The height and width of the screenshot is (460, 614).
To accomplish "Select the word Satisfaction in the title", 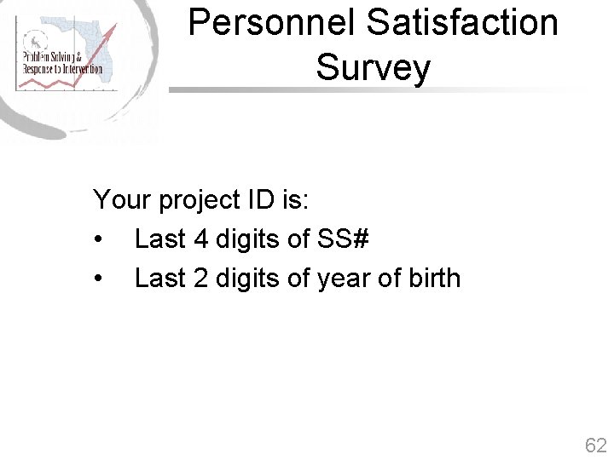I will coord(463,23).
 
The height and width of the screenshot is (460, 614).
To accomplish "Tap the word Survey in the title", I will coord(373,67).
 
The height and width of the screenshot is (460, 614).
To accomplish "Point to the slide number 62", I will coord(595,445).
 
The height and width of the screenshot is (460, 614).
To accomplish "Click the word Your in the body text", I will coord(123,200).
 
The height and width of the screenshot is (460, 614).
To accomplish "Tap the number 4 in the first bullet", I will coord(201,239).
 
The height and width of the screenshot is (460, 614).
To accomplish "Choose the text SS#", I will coord(343,239).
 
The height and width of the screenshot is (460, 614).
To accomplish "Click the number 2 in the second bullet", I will coord(201,279).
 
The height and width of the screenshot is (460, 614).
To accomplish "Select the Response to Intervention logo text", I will coord(61,69).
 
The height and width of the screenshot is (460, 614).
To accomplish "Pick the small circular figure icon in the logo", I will coord(37,40).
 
